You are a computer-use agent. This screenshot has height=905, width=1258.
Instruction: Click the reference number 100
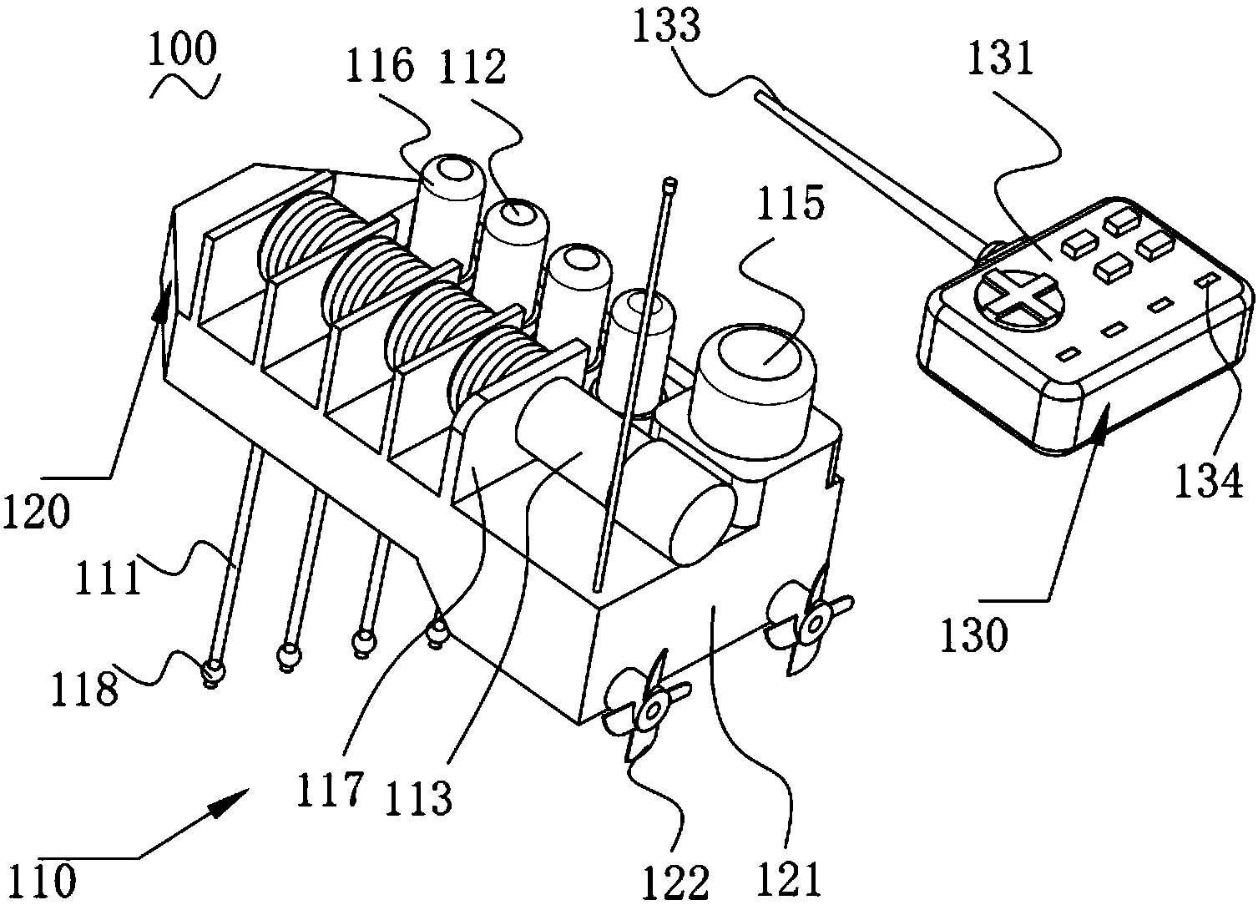182,51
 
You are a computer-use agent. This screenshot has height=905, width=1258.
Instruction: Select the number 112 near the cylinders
472,67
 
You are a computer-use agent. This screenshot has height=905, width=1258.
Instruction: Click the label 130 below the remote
975,636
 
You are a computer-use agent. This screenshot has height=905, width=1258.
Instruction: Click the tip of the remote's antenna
760,98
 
